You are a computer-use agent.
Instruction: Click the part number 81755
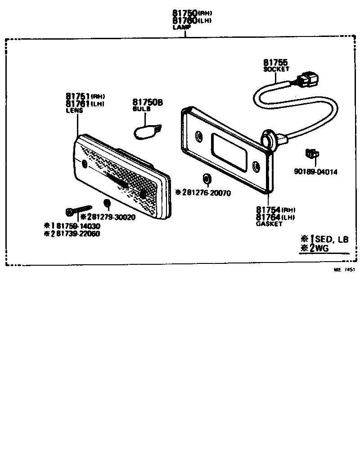(275, 63)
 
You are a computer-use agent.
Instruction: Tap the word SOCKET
(276, 69)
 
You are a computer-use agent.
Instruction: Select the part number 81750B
(147, 103)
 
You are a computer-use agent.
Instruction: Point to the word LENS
(72, 110)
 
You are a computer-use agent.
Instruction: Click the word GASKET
(269, 224)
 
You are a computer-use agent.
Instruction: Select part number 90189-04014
(315, 172)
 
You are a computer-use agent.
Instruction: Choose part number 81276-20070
(206, 193)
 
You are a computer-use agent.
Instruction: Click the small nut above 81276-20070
(207, 178)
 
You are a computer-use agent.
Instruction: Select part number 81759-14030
(75, 226)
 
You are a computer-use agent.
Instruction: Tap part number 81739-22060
(75, 234)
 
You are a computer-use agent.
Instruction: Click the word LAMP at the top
(181, 27)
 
